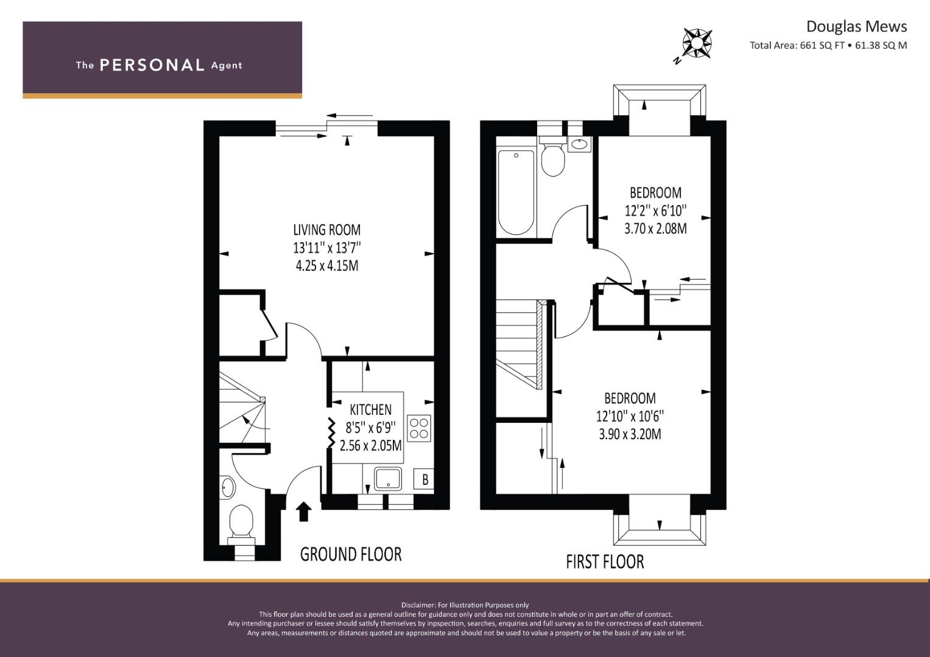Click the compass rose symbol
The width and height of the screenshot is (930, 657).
[x=697, y=43]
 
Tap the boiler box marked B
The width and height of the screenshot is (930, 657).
[x=424, y=479]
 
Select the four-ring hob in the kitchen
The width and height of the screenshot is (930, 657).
[x=419, y=428]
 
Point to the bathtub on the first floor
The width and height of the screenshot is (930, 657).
[x=516, y=192]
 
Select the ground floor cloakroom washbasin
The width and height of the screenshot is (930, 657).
[x=228, y=487]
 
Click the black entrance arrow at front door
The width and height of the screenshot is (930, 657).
[x=304, y=512]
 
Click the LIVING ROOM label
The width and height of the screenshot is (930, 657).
[x=326, y=230]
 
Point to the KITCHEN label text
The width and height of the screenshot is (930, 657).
[x=370, y=410]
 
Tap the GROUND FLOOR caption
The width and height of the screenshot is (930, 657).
[x=351, y=554]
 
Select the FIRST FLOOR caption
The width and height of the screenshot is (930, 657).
[x=605, y=561]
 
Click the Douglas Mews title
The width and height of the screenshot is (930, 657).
[x=856, y=27]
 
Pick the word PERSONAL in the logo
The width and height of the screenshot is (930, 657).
[x=152, y=65]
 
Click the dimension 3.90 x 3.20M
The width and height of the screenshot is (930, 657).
[x=630, y=434]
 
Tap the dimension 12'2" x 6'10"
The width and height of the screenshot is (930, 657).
[x=655, y=210]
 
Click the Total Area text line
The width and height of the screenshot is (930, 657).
[x=828, y=46]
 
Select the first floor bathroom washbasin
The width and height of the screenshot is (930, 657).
[x=579, y=144]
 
